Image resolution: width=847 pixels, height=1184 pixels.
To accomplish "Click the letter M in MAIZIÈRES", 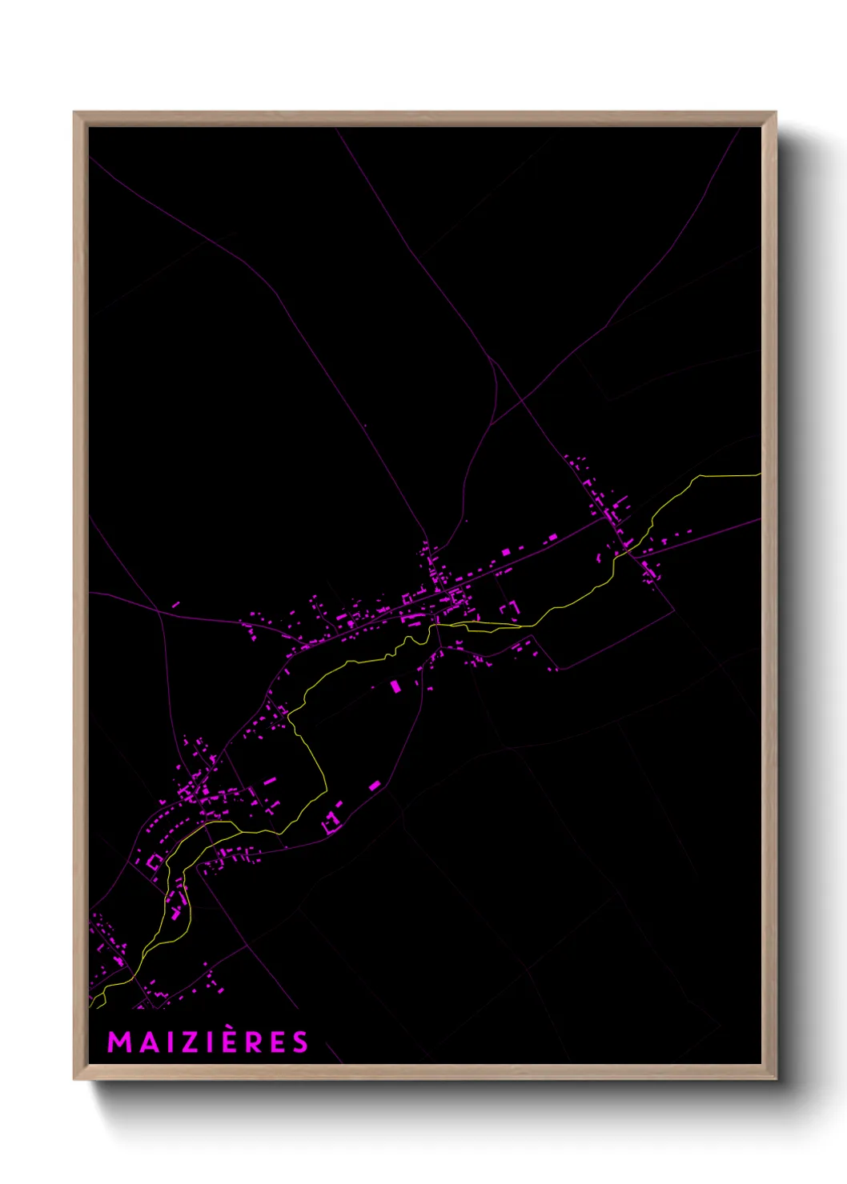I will click(118, 1042).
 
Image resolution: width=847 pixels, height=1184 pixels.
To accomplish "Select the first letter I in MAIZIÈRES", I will click(167, 1042).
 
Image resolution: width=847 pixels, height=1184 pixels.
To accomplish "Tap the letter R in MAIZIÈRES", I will click(252, 1042).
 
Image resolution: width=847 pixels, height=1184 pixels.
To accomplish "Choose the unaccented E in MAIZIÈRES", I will click(276, 1042).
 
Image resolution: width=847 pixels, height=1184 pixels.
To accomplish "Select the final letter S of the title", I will click(299, 1042).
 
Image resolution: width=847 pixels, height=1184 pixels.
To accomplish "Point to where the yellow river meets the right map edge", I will click(759, 474).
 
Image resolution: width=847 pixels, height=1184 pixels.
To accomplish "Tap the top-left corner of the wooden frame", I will click(74, 113).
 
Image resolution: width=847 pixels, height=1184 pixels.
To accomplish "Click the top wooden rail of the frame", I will click(424, 118).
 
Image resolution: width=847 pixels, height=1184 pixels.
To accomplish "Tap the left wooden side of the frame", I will click(80, 592).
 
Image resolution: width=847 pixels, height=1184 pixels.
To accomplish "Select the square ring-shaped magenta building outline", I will click(154, 862).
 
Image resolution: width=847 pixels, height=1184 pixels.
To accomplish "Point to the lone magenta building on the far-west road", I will click(175, 605).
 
